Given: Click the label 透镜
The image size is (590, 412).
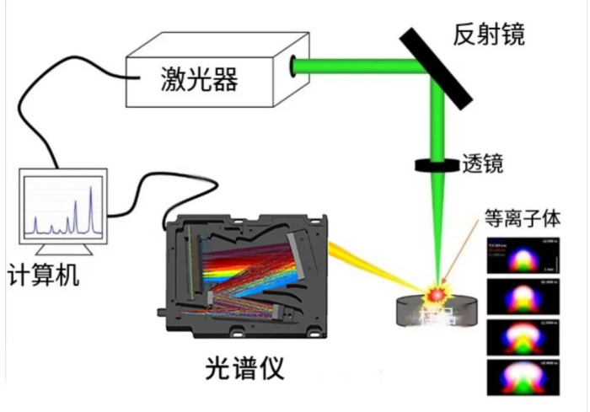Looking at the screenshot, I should point(483,163).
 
